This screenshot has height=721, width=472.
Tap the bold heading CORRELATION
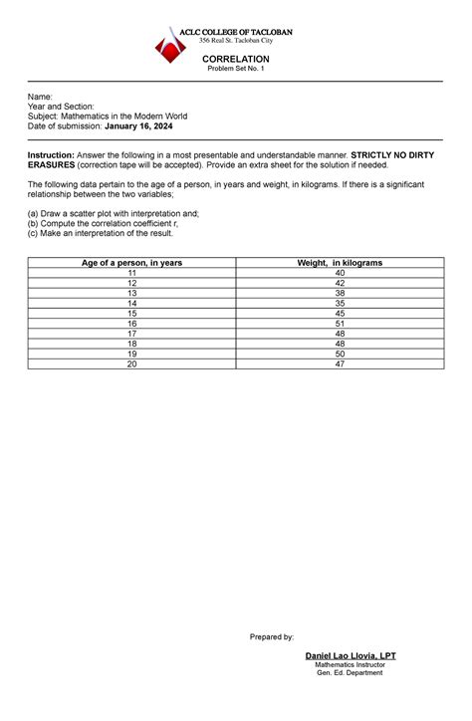236,59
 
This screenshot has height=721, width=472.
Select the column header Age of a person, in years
131,262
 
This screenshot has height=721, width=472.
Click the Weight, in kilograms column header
340,262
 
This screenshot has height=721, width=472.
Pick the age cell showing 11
131,272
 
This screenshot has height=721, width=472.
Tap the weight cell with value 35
340,303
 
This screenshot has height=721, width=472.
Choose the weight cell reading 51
340,323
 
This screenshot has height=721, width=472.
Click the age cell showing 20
131,363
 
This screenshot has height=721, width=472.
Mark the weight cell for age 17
340,334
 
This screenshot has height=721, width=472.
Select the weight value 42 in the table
340,283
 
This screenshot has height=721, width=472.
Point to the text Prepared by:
272,635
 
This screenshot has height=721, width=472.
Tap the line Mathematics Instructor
349,665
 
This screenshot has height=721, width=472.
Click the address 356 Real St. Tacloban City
236,40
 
